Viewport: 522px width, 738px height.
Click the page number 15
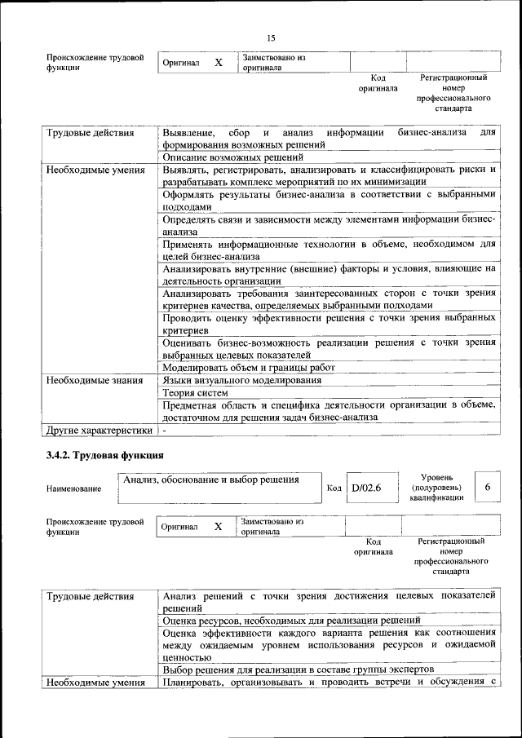[271, 38]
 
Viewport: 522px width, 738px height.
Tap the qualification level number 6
[487, 487]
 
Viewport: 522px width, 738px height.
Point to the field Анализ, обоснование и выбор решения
[210, 479]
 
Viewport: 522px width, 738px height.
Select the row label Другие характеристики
[100, 430]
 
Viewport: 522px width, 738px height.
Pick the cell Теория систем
[189, 393]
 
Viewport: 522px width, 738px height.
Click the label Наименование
[74, 488]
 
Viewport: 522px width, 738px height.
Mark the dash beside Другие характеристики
[165, 430]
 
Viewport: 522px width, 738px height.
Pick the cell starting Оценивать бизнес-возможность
[328, 348]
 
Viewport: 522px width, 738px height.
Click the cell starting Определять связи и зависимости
[328, 225]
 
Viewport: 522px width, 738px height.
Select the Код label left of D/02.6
[334, 488]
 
